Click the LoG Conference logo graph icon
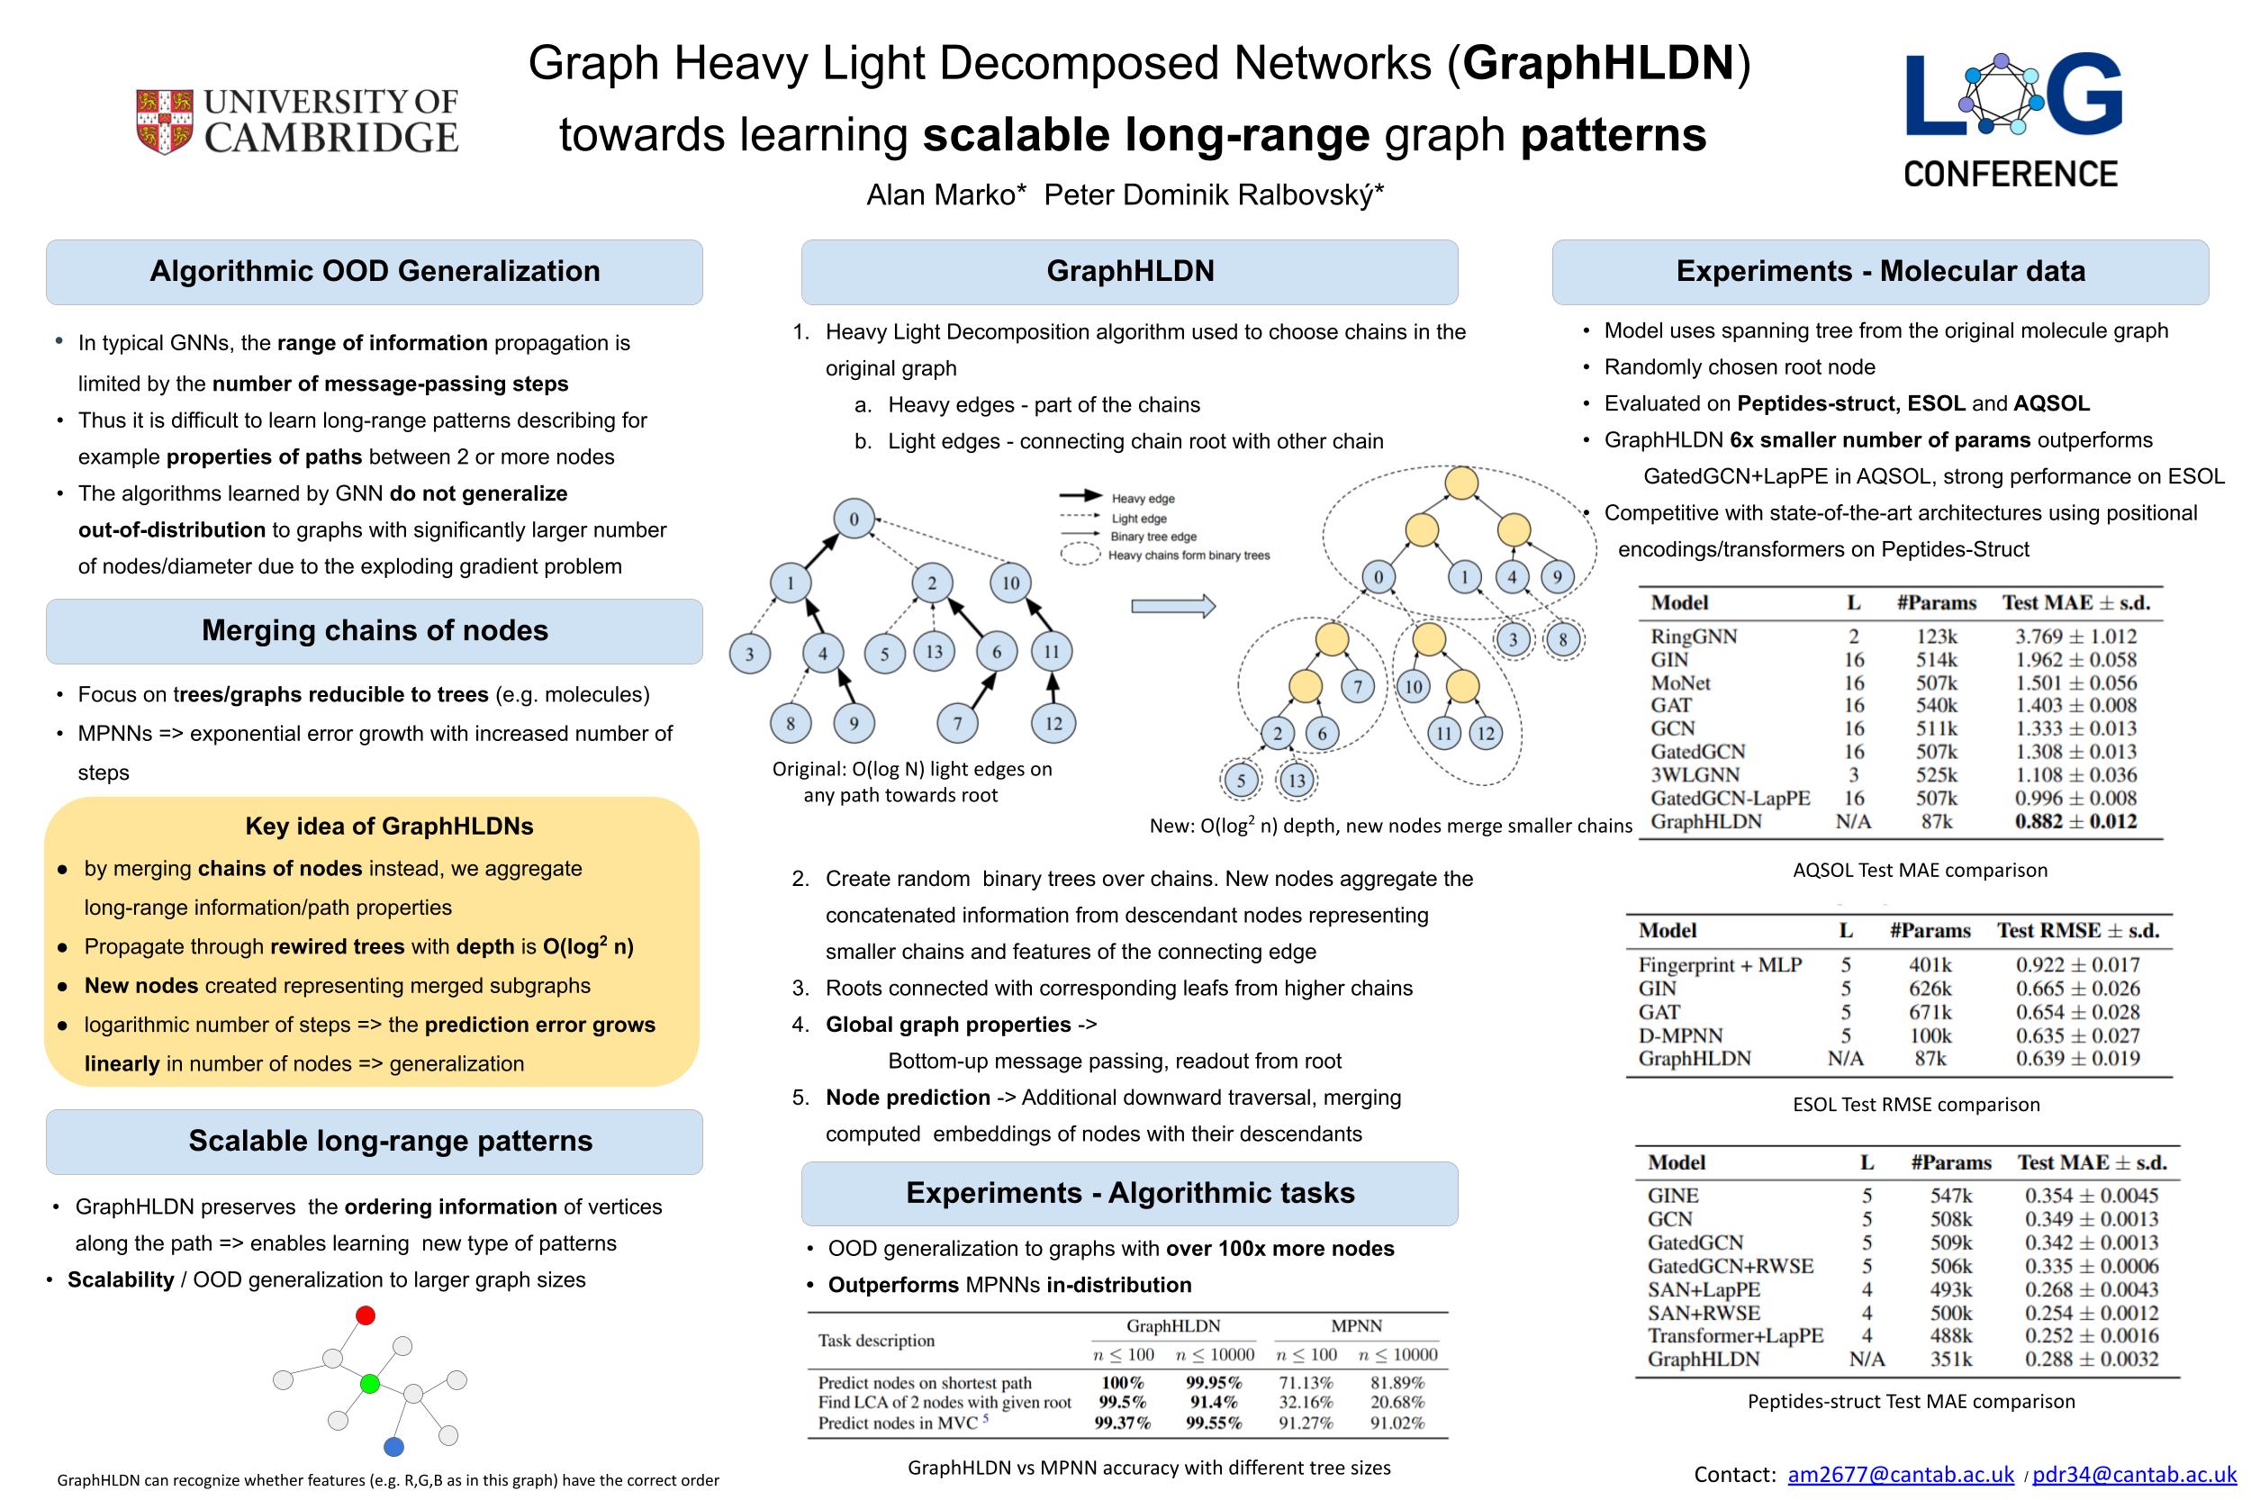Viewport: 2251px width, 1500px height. tap(2002, 94)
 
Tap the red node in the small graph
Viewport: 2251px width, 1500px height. tap(366, 1315)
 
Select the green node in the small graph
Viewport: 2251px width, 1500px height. tap(370, 1383)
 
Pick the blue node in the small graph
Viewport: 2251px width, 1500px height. tap(393, 1446)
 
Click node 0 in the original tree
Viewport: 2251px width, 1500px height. tap(854, 520)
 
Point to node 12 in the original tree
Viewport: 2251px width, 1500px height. tap(1053, 723)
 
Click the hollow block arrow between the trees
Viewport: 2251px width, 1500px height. tap(1173, 606)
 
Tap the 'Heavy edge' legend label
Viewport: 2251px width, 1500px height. tap(1143, 499)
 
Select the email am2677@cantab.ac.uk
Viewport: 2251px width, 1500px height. tap(1901, 1474)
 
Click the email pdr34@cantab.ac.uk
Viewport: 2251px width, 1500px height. tap(2134, 1474)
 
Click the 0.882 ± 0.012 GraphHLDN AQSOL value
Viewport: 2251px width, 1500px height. tap(2075, 821)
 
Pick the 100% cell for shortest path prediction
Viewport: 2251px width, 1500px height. tap(1122, 1382)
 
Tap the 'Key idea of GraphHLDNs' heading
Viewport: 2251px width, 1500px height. tap(389, 826)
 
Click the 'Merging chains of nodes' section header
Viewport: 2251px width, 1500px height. tap(374, 630)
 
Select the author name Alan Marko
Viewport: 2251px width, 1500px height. tap(945, 195)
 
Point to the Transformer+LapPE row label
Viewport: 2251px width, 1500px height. tap(1734, 1335)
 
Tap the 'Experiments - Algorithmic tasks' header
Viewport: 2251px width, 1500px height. tap(1130, 1193)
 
